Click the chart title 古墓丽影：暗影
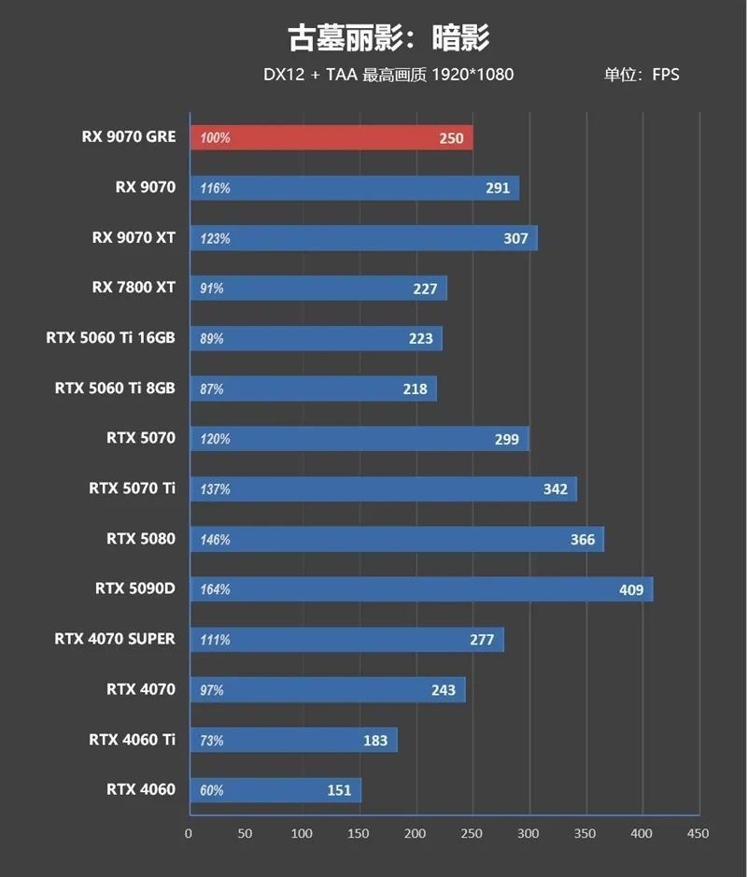point(388,37)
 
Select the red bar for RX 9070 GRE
point(331,137)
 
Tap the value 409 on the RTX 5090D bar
point(631,589)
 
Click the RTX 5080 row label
point(141,538)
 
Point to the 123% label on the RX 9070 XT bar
point(215,238)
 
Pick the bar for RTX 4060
point(275,790)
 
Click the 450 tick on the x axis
point(698,833)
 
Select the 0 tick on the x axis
point(190,833)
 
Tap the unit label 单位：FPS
point(641,75)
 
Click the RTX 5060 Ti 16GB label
point(110,337)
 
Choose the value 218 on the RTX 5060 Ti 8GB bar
point(415,389)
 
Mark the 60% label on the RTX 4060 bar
point(212,790)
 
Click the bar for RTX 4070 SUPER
point(346,640)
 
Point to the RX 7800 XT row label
point(134,287)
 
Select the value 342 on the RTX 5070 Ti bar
point(555,488)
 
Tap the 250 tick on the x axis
point(472,833)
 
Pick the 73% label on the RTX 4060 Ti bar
point(212,740)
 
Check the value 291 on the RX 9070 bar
point(498,188)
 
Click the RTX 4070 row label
point(141,689)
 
